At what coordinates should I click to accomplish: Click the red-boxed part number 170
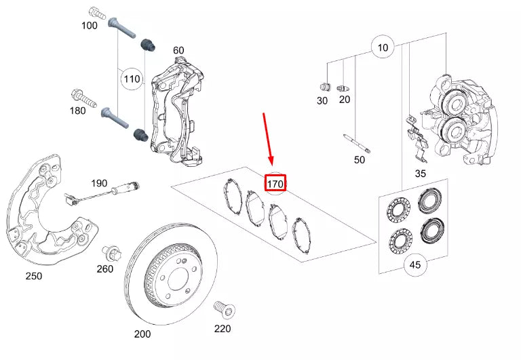[275, 183]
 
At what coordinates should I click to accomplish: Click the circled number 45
[415, 266]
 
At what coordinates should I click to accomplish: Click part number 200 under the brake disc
[142, 334]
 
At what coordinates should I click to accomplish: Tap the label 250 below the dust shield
[33, 276]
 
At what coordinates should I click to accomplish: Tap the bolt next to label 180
[77, 96]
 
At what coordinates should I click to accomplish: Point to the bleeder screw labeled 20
[344, 87]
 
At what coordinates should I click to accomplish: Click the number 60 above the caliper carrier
[178, 50]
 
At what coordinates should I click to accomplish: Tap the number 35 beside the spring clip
[420, 174]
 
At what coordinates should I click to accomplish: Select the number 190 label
[99, 183]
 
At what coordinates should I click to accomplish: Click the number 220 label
[222, 329]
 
